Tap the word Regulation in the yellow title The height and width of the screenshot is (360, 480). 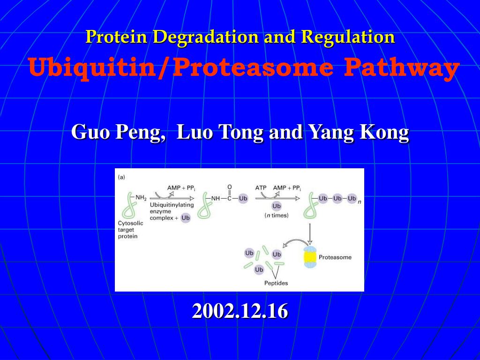[x=348, y=37]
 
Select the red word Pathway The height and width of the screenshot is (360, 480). [x=401, y=68]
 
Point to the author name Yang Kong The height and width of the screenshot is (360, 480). [x=358, y=133]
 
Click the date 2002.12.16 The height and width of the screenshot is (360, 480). [x=240, y=311]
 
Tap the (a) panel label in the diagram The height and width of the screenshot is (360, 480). [x=121, y=177]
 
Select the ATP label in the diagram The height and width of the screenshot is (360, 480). [x=261, y=187]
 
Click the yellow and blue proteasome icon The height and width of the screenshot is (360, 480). [x=309, y=257]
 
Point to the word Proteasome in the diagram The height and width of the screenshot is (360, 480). [x=335, y=257]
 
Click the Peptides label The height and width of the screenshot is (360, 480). [x=276, y=283]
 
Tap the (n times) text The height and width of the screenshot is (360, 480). [x=277, y=216]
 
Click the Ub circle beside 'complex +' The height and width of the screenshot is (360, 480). [x=186, y=218]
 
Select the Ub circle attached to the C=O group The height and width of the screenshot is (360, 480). [x=243, y=198]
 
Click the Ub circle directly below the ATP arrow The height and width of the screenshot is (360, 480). [x=277, y=206]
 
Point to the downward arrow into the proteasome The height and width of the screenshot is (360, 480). [x=310, y=234]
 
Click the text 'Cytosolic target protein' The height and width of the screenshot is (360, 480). [x=130, y=230]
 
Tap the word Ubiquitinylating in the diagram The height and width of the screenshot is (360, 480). [x=172, y=205]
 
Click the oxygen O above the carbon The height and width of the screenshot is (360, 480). [x=230, y=187]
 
